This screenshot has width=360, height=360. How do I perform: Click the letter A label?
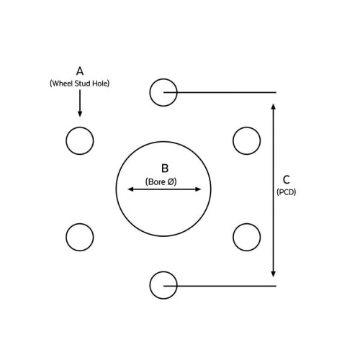coord(80,71)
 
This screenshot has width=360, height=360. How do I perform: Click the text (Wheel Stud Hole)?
coord(79,84)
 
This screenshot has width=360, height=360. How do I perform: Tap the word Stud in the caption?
coord(83,84)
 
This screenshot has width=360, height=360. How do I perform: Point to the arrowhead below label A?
coord(80,113)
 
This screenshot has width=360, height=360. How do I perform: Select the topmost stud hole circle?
coord(150,92)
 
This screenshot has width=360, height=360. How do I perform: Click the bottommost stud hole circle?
coord(150,285)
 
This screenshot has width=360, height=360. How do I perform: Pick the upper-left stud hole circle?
coord(66,140)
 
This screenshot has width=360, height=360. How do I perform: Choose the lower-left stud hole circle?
coord(66,237)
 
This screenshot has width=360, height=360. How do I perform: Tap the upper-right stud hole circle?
coord(233,140)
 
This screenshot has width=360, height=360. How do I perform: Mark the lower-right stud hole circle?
coord(233,237)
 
